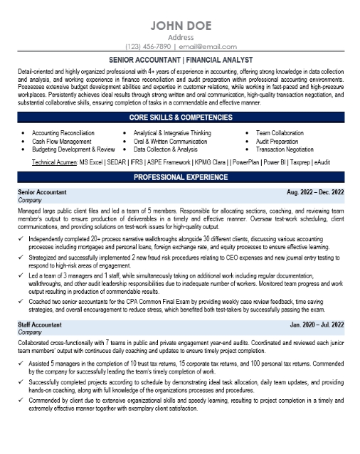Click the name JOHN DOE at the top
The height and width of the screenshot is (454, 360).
click(180, 26)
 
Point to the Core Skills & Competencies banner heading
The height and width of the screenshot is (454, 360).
click(180, 117)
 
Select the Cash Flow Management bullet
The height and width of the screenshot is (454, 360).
click(61, 142)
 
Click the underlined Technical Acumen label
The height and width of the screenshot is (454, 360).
click(58, 163)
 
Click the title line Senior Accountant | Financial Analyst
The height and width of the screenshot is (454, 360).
click(180, 62)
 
